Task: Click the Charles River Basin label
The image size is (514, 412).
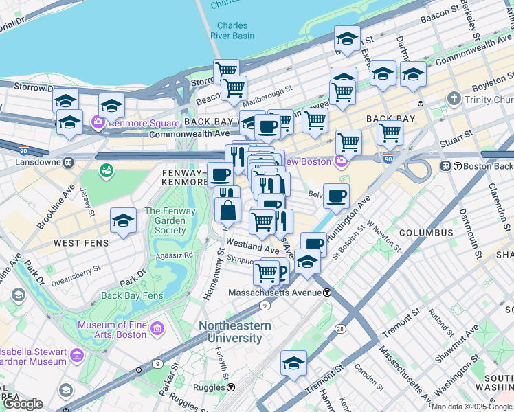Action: point(231,31)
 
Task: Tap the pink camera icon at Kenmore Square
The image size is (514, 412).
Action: point(98,124)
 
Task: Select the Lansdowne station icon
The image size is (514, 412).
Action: point(68,163)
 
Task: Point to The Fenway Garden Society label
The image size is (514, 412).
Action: point(165,221)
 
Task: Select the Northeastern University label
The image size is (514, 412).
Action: point(230,332)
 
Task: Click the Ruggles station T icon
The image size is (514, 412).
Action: point(234,387)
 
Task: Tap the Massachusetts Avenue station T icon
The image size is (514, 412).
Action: point(328,293)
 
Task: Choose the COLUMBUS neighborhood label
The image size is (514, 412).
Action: point(426,233)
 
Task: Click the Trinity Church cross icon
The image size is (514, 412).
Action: point(453,100)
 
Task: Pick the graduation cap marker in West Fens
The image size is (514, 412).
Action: point(123,221)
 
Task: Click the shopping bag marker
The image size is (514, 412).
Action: point(227,209)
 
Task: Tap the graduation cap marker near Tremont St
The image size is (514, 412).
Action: point(293,363)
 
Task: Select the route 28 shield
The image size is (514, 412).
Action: point(340,330)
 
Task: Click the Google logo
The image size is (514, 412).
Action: point(23,404)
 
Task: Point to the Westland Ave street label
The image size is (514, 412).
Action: point(254,245)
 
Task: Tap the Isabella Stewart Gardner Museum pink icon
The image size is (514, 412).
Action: point(76,355)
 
